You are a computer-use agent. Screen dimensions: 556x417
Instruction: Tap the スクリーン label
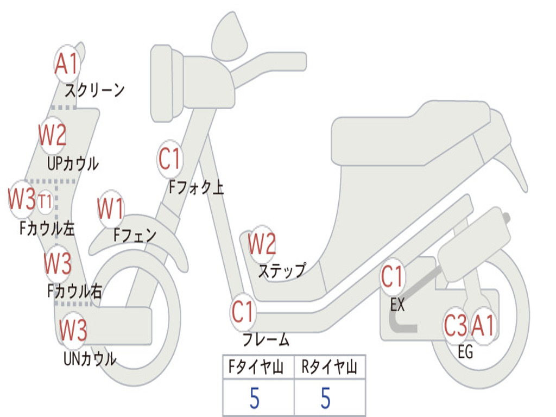coord(94,90)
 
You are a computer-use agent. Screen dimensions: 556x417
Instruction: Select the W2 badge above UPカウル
coord(53,135)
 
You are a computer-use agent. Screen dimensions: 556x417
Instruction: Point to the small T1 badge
coord(46,202)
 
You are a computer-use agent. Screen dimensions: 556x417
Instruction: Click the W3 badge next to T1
coord(22,199)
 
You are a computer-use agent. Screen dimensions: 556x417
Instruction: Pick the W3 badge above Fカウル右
coord(58,264)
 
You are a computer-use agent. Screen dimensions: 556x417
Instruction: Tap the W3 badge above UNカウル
coord(73,330)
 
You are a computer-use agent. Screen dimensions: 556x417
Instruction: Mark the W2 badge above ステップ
coord(262,244)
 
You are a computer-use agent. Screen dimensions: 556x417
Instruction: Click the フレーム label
coord(266,340)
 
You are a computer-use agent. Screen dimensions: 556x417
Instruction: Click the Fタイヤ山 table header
coord(258,368)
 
